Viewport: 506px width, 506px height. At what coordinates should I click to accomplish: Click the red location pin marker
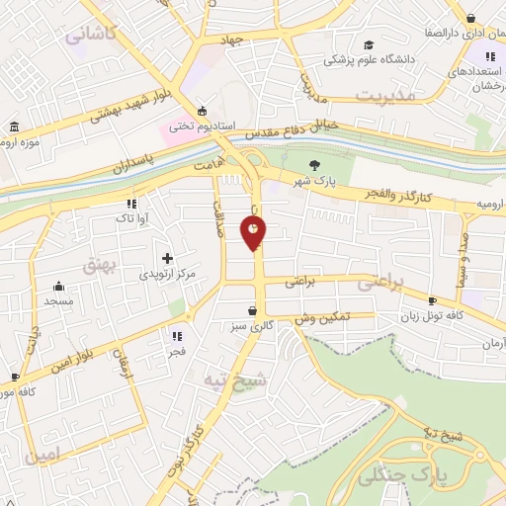[x=254, y=232]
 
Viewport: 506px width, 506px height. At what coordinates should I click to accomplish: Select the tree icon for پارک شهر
[x=314, y=165]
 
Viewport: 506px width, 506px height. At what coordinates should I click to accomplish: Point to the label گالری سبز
[x=253, y=326]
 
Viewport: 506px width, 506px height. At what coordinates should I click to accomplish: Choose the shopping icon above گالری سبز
[x=253, y=310]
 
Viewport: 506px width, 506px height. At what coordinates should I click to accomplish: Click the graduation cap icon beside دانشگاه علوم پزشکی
[x=369, y=44]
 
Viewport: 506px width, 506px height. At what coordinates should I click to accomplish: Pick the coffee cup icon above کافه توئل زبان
[x=432, y=300]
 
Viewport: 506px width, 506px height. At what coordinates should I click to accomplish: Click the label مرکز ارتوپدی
[x=166, y=273]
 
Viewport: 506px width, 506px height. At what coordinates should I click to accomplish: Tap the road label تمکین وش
[x=323, y=317]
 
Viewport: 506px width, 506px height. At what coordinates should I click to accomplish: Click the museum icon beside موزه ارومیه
[x=14, y=127]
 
